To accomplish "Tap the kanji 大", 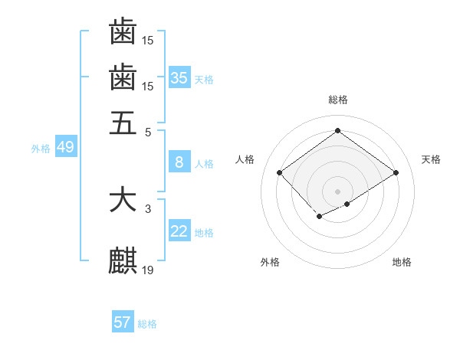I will click(x=123, y=200).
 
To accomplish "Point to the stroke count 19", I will click(x=148, y=270).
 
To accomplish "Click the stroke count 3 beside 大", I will click(x=148, y=208).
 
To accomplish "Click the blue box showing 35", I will click(x=179, y=77).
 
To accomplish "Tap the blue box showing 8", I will click(x=179, y=162).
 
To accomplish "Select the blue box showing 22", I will click(x=179, y=231).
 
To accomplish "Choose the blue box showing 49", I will click(x=65, y=147).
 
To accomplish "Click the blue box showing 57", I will click(x=122, y=322).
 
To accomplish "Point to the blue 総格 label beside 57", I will click(x=147, y=324).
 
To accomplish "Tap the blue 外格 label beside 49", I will click(x=41, y=149).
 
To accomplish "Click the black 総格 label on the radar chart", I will click(x=338, y=100).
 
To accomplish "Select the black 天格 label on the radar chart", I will click(x=431, y=159).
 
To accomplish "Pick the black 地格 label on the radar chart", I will click(x=402, y=263).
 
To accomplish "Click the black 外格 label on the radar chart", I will click(x=270, y=263).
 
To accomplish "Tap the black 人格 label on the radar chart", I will click(x=245, y=159).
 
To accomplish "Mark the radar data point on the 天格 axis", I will click(x=396, y=173).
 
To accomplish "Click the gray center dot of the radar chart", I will click(x=337, y=191).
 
